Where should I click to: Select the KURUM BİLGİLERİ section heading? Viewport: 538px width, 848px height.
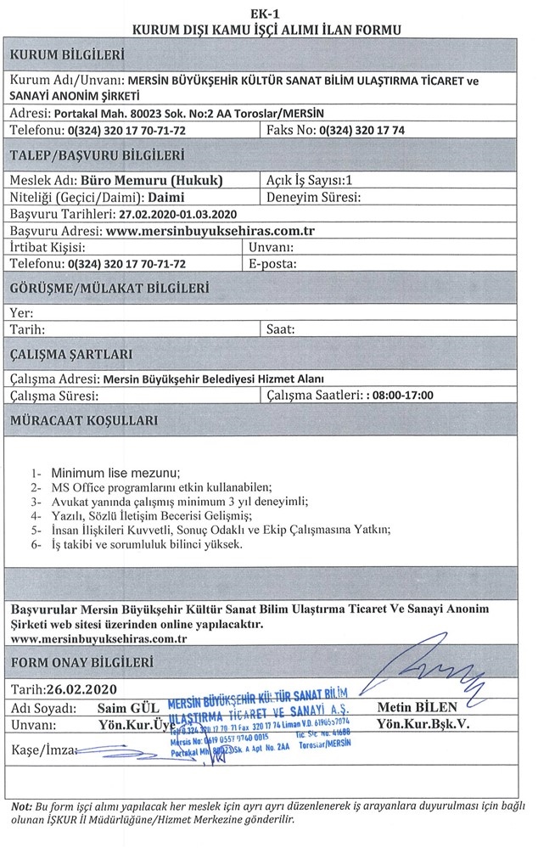[x=64, y=57]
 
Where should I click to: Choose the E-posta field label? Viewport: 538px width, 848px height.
[x=272, y=263]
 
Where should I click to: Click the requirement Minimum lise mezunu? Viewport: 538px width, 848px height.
[x=116, y=473]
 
